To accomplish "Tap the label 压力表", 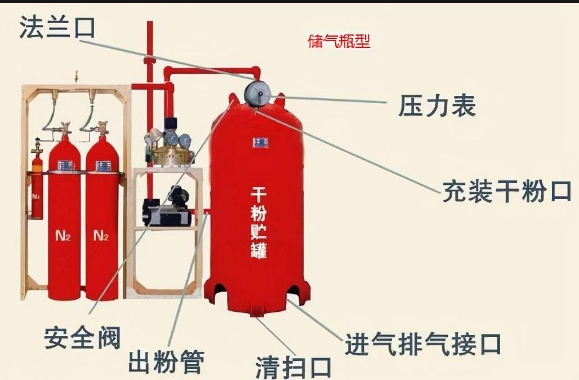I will pos(437,105).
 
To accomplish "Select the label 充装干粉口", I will pos(506,192).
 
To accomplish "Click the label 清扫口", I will pos(293,367).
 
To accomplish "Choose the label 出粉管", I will pos(166,361).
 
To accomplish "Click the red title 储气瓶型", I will pos(339,42).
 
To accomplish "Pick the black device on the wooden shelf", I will pos(167,209).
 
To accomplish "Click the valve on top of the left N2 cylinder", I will pos(64,130).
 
